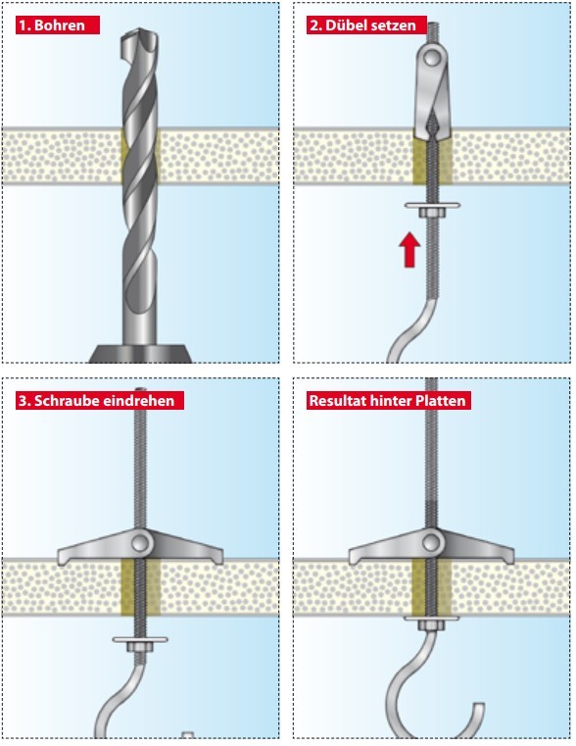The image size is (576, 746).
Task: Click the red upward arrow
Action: [x=409, y=250]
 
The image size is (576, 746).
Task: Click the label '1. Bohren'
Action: [x=58, y=25]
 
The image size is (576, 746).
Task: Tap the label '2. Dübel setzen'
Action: [x=366, y=25]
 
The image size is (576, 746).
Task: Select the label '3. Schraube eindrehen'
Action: [x=100, y=400]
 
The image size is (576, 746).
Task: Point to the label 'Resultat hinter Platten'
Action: [x=388, y=400]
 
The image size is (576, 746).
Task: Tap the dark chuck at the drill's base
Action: [x=141, y=353]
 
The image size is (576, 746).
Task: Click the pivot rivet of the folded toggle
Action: [x=432, y=58]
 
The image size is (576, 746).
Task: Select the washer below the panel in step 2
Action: [x=432, y=206]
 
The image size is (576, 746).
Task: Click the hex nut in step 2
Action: [x=432, y=213]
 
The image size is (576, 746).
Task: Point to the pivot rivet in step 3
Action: [x=141, y=543]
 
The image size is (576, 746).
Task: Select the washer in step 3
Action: [x=140, y=639]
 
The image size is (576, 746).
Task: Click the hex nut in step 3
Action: [x=140, y=647]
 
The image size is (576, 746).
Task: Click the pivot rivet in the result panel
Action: [x=432, y=543]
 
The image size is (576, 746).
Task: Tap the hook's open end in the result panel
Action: [x=479, y=706]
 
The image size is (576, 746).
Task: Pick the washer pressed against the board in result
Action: [x=432, y=618]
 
